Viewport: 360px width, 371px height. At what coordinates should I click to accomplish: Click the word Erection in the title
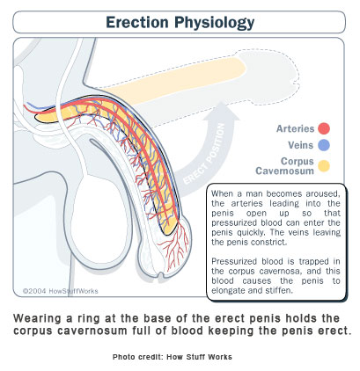tap(137, 22)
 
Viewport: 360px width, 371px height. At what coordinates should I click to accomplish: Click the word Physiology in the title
tap(215, 23)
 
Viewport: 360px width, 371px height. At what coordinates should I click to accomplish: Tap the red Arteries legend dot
tap(324, 128)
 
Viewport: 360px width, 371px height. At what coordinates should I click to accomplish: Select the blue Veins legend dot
tap(324, 145)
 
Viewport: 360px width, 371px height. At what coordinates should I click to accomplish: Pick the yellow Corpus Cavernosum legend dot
tap(324, 166)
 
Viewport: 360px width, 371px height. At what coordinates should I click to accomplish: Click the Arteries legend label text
tap(295, 128)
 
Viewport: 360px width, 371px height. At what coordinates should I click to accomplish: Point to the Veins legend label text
tap(301, 145)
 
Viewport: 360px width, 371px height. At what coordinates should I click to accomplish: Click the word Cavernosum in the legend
tap(284, 171)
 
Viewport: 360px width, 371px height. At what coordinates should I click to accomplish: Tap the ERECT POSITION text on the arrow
tap(204, 155)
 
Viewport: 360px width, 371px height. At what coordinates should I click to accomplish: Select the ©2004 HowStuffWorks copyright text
tap(61, 291)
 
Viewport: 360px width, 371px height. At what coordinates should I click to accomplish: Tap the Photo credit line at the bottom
tap(173, 357)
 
